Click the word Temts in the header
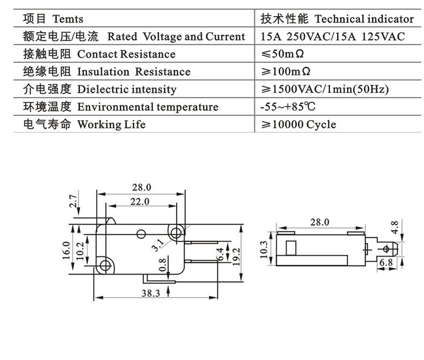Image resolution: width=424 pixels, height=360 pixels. [68, 19]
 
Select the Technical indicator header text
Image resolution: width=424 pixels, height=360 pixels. [364, 19]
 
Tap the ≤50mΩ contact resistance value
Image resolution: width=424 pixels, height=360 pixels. [285, 54]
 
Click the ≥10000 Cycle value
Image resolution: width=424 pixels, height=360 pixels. [298, 125]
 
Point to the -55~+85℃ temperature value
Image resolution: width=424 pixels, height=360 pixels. [288, 107]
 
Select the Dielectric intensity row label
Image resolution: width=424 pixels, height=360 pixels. [127, 90]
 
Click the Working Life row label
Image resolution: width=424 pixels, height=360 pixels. [111, 125]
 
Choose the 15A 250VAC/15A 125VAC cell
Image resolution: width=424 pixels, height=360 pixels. [332, 37]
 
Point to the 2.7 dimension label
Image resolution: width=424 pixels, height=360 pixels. [74, 202]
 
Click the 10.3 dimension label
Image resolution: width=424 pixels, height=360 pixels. [263, 249]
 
